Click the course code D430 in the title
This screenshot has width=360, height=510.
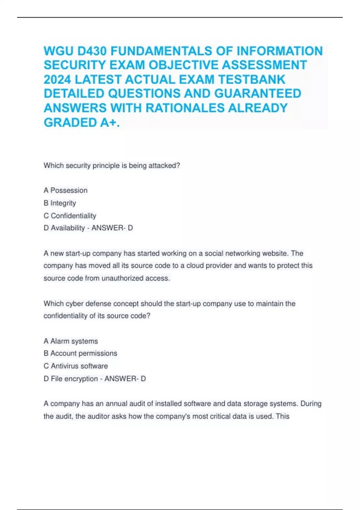click(92, 51)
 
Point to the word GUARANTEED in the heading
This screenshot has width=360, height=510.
click(258, 94)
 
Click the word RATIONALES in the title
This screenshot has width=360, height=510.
click(185, 108)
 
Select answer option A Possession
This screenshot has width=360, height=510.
click(65, 190)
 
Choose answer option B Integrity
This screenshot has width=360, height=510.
click(60, 203)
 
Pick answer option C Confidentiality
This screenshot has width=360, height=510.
click(70, 216)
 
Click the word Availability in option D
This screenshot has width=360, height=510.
click(68, 228)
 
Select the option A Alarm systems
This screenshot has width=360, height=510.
click(70, 341)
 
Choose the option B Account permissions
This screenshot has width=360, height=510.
click(80, 353)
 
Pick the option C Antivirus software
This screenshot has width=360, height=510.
click(76, 366)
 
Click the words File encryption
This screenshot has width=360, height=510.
click(74, 379)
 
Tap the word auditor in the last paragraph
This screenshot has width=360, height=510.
click(99, 416)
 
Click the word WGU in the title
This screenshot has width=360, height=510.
click(58, 51)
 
